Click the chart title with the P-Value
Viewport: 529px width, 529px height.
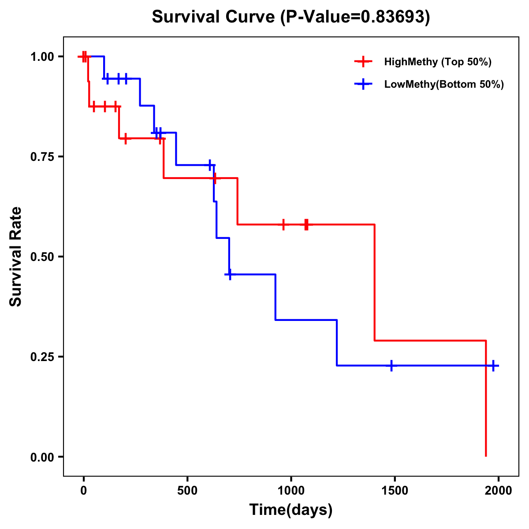tap(291, 17)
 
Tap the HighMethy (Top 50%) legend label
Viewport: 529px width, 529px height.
tap(437, 62)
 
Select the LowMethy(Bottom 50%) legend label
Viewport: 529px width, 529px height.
tap(444, 84)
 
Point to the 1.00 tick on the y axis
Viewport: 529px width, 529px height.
tap(42, 57)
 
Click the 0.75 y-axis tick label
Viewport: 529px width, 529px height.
tap(42, 157)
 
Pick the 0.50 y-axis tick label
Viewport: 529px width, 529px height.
tap(42, 257)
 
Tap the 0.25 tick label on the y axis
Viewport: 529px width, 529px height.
tap(42, 357)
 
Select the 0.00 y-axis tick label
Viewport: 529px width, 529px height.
tap(42, 457)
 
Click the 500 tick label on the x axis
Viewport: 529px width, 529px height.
tap(187, 491)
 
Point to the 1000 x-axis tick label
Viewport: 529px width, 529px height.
tap(291, 491)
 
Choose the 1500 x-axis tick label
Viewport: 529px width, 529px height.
tap(395, 491)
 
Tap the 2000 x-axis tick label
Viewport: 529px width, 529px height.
tap(498, 491)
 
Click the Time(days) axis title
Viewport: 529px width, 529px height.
tap(291, 510)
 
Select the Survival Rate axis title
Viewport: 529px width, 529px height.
tap(16, 257)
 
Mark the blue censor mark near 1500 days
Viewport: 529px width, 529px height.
tap(391, 365)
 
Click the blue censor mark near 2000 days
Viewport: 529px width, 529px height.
tap(493, 365)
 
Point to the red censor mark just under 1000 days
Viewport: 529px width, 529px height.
tap(283, 224)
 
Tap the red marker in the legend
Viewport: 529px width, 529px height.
tap(363, 62)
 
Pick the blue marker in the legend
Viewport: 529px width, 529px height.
tap(363, 84)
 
